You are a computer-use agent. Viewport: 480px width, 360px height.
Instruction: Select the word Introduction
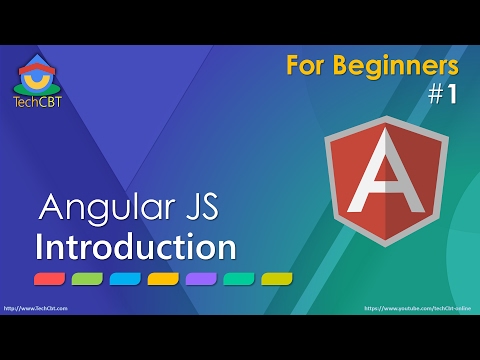[135, 246]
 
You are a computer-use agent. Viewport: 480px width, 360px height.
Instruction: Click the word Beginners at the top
[398, 66]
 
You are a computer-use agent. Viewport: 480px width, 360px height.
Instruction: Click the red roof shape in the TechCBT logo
[37, 65]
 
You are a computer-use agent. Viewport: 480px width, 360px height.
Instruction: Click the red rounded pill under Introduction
[49, 278]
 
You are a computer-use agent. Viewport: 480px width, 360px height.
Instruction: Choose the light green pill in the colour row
[87, 278]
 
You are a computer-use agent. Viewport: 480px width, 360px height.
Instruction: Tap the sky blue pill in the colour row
[125, 278]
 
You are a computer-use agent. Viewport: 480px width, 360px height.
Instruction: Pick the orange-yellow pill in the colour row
[163, 278]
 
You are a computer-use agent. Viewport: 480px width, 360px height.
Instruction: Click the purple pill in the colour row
[201, 278]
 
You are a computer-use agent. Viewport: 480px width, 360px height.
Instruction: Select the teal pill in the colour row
[239, 278]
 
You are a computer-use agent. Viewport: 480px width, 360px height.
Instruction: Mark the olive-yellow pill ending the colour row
[277, 278]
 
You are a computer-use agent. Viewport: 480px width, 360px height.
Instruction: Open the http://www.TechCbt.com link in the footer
[35, 309]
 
